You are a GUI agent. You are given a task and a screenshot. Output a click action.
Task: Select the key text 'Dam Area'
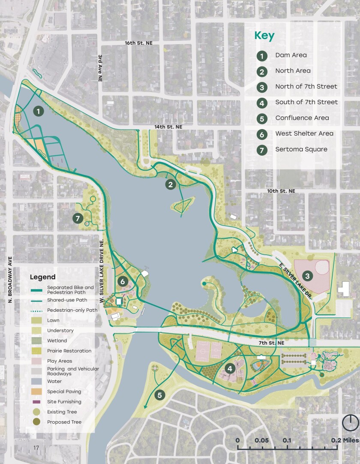291,55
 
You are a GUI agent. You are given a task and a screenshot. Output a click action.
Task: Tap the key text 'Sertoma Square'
301,149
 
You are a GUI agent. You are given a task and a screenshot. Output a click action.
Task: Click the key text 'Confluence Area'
302,118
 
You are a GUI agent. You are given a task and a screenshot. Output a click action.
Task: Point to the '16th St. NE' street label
138,43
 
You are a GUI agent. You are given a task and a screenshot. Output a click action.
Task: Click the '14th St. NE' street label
168,127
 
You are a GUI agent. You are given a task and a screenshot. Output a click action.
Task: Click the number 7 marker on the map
78,219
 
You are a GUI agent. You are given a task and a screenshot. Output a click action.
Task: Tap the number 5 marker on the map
160,395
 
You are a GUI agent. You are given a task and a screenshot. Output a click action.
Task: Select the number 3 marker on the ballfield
307,276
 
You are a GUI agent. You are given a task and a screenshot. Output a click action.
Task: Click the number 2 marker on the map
171,185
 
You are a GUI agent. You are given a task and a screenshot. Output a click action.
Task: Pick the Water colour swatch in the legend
36,381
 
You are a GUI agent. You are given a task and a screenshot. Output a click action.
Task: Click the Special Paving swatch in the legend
36,392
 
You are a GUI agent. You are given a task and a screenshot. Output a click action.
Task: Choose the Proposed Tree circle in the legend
36,422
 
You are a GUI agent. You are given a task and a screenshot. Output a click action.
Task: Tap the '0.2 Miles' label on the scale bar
345,440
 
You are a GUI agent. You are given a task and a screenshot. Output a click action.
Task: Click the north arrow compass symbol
350,422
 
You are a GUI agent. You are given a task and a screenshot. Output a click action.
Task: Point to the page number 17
36,448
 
